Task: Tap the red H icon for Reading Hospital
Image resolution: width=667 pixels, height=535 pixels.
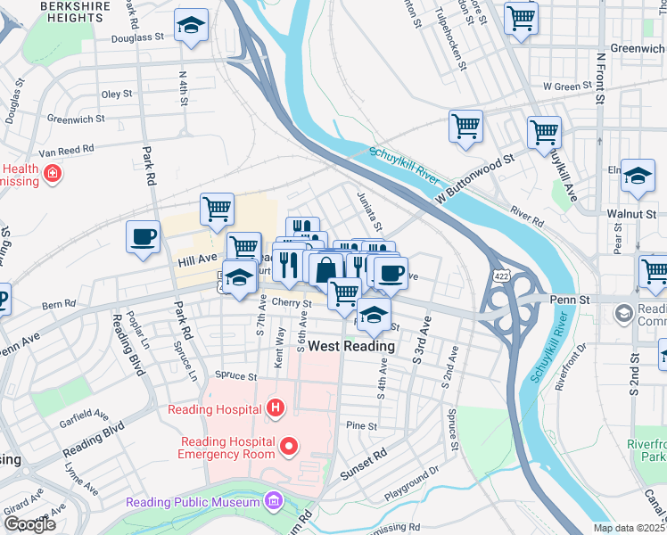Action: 276,409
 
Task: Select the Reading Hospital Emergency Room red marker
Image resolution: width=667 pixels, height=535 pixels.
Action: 288,445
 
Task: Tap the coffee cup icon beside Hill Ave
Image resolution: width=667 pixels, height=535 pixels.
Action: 144,238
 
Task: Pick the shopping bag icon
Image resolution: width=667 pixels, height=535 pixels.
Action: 327,269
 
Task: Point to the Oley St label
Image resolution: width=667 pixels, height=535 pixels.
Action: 117,94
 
